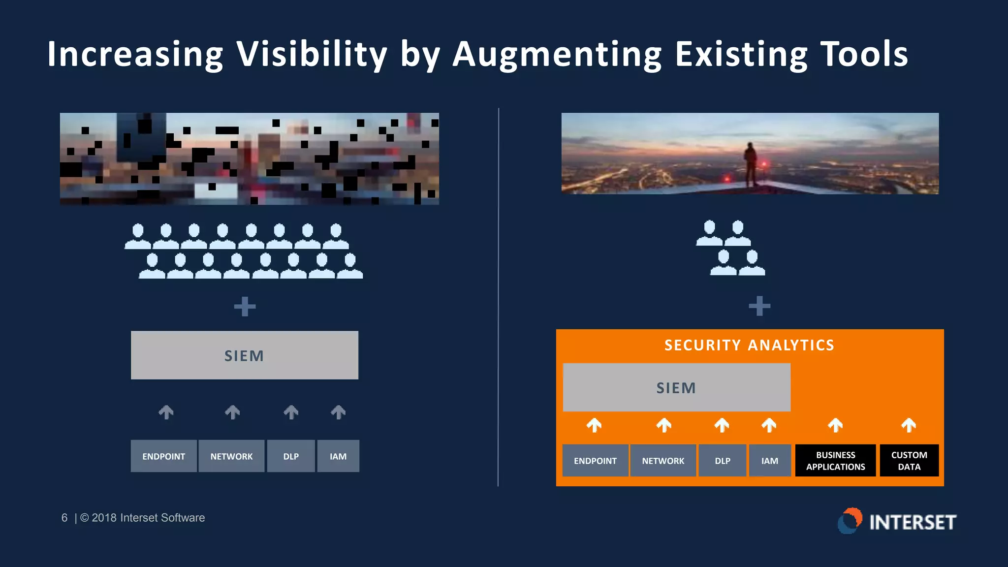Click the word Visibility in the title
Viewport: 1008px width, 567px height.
312,54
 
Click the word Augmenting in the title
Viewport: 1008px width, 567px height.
557,54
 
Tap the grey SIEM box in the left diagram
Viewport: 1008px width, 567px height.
245,355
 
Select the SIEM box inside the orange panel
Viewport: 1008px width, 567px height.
676,388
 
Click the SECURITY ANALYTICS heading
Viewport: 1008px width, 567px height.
749,345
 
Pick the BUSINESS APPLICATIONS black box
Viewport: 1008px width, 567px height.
835,461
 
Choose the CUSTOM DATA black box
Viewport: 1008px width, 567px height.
909,461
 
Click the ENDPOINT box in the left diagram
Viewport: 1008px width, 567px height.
164,456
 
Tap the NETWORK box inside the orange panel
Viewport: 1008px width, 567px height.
663,461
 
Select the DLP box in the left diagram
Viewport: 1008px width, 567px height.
291,456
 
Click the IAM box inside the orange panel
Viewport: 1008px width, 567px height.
770,461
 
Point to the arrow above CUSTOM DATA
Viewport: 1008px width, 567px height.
909,425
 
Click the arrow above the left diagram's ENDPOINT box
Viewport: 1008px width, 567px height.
166,412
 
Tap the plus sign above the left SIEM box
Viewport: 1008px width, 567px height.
245,307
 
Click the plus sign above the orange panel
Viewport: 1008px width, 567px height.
759,306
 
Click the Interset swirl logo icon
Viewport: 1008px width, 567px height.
850,521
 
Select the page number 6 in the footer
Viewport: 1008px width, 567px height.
64,518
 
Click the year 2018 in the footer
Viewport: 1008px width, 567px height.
104,518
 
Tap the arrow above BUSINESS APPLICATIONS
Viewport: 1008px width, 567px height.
835,425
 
